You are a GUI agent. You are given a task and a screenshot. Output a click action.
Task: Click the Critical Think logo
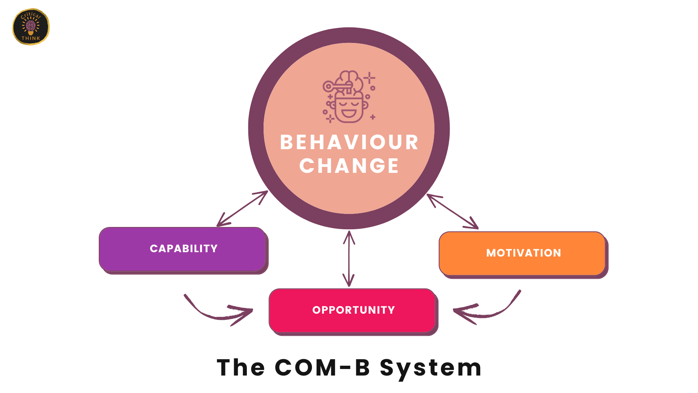[31, 27]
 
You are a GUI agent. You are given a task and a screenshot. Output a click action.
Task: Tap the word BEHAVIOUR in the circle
[349, 142]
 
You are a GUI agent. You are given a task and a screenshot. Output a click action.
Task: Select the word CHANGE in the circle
[349, 166]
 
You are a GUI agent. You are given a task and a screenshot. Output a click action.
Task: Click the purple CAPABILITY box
[183, 249]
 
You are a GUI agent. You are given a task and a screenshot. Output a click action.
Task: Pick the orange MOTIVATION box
[522, 253]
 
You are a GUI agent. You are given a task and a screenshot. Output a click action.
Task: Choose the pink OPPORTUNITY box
[352, 310]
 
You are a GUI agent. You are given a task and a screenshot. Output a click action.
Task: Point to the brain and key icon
[349, 96]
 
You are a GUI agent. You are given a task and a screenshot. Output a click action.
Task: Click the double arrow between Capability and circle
[242, 209]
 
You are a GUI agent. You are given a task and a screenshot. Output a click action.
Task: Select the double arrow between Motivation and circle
[452, 211]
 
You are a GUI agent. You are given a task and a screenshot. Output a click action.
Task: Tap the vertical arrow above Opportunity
[349, 258]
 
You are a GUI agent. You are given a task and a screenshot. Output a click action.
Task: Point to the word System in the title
[431, 368]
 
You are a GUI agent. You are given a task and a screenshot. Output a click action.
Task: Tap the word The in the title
[241, 368]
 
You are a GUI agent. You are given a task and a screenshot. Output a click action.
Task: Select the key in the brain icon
[336, 87]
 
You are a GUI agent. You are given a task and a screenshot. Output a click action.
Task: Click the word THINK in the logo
[31, 38]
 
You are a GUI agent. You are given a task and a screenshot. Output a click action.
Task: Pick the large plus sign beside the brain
[369, 78]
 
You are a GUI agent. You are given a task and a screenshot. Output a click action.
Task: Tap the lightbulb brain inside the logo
[31, 27]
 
